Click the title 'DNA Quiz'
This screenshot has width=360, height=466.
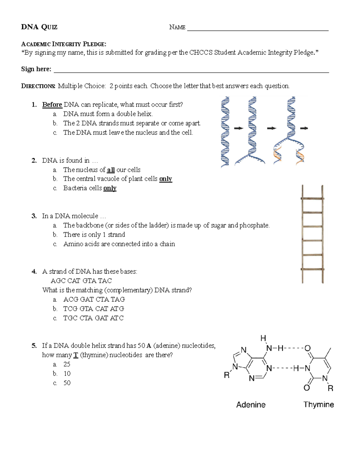pyautogui.click(x=39, y=27)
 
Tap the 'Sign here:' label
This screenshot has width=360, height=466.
pyautogui.click(x=36, y=69)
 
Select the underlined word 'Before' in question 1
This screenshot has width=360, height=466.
pyautogui.click(x=52, y=104)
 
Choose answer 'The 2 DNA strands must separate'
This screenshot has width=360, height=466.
pyautogui.click(x=132, y=123)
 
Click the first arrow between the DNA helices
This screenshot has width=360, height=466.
pyautogui.click(x=238, y=128)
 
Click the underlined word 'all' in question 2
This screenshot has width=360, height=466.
pyautogui.click(x=111, y=170)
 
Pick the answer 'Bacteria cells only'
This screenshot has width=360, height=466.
pyautogui.click(x=90, y=188)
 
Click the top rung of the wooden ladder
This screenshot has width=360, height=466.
pyautogui.click(x=312, y=199)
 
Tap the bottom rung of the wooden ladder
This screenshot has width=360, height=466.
pyautogui.click(x=312, y=269)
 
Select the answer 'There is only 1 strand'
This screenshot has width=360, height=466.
pyautogui.click(x=94, y=235)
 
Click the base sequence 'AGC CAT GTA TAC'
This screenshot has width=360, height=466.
pyautogui.click(x=81, y=281)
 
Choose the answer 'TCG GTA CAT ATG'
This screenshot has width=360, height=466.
pyautogui.click(x=94, y=309)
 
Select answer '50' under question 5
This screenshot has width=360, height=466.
pyautogui.click(x=67, y=383)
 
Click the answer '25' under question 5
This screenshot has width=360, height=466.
pyautogui.click(x=67, y=364)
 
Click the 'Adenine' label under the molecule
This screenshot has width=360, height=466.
pyautogui.click(x=251, y=405)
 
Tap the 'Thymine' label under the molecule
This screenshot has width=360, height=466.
pyautogui.click(x=319, y=404)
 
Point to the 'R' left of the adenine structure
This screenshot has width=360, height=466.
pyautogui.click(x=227, y=375)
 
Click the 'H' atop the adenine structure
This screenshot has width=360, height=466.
pyautogui.click(x=263, y=338)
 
